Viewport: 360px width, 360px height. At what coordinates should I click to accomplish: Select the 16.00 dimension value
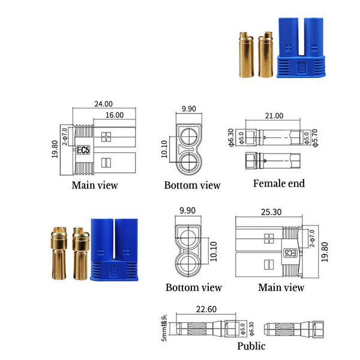click(x=114, y=115)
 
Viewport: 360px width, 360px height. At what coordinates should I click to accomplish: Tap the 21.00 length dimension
click(x=274, y=115)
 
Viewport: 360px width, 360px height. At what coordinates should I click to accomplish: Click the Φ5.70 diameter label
click(x=316, y=140)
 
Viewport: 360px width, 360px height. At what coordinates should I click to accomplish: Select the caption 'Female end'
click(x=278, y=183)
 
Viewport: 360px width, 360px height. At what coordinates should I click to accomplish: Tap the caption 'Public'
click(x=251, y=346)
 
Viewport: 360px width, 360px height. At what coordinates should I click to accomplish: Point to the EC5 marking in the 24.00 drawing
click(x=82, y=151)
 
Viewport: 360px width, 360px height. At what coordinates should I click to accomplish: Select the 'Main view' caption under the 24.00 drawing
click(x=95, y=185)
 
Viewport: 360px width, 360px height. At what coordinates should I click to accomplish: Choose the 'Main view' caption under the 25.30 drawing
click(x=281, y=287)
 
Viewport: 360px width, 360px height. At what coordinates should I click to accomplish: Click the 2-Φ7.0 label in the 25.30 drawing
click(x=311, y=239)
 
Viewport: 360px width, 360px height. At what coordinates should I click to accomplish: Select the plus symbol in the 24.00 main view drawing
click(x=107, y=136)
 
